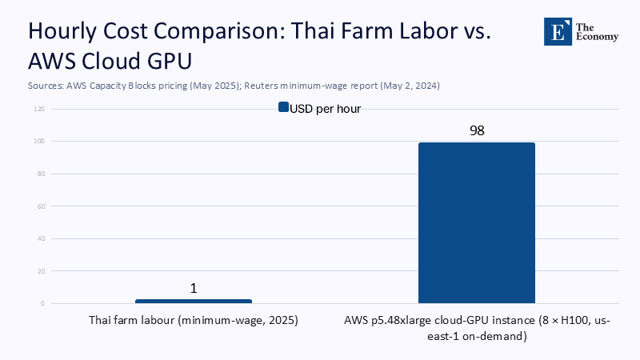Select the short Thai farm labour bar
pos(194,302)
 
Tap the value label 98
pos(477,130)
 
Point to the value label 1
pos(194,288)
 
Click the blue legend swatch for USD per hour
pos(282,108)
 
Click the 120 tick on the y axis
pos(39,109)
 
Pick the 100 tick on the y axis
pos(39,142)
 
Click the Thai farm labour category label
pos(193,321)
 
